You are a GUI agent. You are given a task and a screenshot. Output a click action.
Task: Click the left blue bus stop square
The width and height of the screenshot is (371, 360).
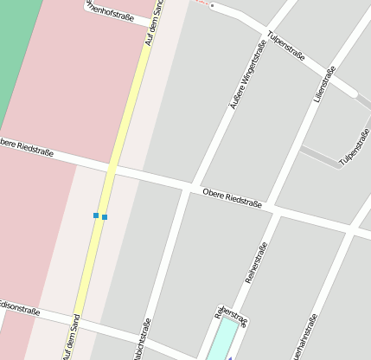tap(95, 215)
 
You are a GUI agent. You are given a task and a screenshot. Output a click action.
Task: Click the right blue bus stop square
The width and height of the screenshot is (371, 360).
tap(105, 216)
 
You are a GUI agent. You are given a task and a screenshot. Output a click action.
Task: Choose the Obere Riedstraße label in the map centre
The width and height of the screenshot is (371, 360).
tap(231, 198)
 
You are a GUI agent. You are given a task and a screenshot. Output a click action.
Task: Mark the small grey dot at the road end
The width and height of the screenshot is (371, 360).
tap(212, 6)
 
